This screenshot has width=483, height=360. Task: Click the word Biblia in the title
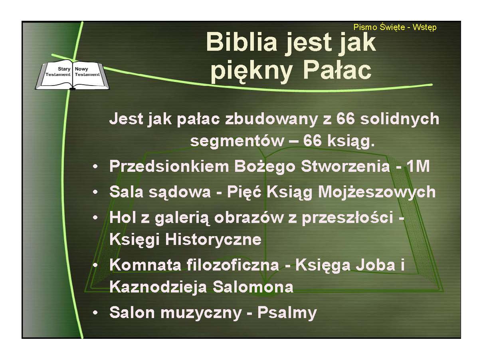tap(241, 42)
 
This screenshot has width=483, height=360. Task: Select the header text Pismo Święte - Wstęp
tap(395, 28)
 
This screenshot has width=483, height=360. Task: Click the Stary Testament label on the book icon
tap(58, 72)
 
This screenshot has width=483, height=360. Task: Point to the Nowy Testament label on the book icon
tap(87, 72)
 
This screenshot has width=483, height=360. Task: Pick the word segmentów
tap(237, 141)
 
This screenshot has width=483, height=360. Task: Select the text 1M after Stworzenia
tap(418, 166)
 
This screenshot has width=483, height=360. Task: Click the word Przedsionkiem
tap(169, 166)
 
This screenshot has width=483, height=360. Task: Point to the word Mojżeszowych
tap(377, 192)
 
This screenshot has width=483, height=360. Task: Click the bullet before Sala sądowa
tap(95, 192)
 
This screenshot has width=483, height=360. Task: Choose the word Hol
tap(123, 217)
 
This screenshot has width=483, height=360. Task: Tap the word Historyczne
tap(214, 239)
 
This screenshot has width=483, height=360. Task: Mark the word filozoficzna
tap(233, 265)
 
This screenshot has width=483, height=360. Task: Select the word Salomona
tap(253, 287)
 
